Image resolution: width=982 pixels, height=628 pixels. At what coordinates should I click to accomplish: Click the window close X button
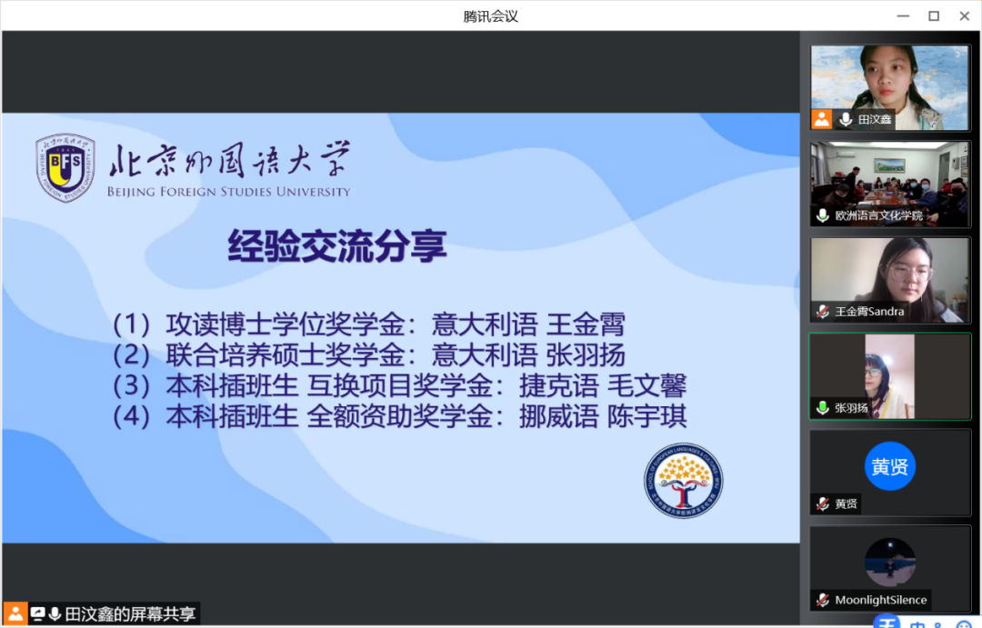click(965, 16)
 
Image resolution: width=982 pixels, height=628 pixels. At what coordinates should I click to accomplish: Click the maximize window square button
click(934, 16)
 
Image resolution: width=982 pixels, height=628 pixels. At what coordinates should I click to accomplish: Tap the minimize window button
click(903, 16)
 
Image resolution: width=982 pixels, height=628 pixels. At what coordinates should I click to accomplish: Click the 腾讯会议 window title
click(490, 16)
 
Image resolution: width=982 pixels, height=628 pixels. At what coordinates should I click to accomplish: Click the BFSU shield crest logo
click(65, 167)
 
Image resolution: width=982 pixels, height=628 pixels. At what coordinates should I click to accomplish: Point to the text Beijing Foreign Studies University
click(228, 192)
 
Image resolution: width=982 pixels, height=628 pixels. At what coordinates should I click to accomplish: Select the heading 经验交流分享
click(337, 245)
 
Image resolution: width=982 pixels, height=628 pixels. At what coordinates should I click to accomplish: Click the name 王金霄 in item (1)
click(586, 324)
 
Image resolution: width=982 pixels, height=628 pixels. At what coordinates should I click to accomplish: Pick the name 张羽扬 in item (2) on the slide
click(586, 355)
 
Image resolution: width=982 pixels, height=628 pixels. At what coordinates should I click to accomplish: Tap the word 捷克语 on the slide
click(558, 385)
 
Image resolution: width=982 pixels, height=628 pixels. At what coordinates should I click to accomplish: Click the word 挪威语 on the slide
click(558, 416)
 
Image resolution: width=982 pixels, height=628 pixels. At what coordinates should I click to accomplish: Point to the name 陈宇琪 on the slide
click(647, 416)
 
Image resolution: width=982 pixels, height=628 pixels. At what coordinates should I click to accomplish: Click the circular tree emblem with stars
click(683, 481)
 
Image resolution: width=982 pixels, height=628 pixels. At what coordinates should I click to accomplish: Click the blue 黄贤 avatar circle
click(890, 466)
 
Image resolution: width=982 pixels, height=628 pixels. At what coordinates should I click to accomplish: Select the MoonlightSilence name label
click(880, 600)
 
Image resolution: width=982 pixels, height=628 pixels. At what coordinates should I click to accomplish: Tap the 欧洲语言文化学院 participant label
click(878, 215)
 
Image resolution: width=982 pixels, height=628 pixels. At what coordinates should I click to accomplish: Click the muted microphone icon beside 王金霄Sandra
click(823, 311)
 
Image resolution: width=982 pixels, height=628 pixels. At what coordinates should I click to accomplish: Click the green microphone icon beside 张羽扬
click(823, 408)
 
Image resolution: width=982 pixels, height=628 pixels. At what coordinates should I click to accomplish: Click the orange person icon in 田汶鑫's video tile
click(822, 119)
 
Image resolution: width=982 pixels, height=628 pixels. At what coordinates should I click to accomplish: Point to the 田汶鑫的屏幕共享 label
click(130, 614)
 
